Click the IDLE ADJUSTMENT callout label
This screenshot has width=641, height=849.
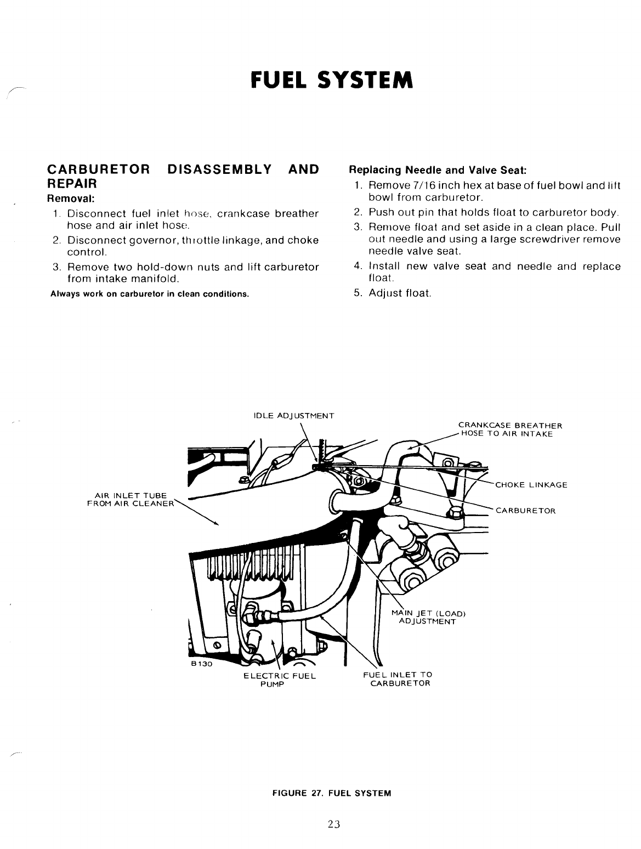[x=294, y=415]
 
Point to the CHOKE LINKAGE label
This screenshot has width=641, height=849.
[x=531, y=485]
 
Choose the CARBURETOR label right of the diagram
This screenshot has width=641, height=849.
[x=525, y=511]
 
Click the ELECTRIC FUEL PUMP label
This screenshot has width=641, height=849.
[x=280, y=680]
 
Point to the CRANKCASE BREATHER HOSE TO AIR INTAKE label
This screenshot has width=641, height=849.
[x=510, y=429]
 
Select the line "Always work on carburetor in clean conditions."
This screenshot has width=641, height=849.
[x=150, y=293]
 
